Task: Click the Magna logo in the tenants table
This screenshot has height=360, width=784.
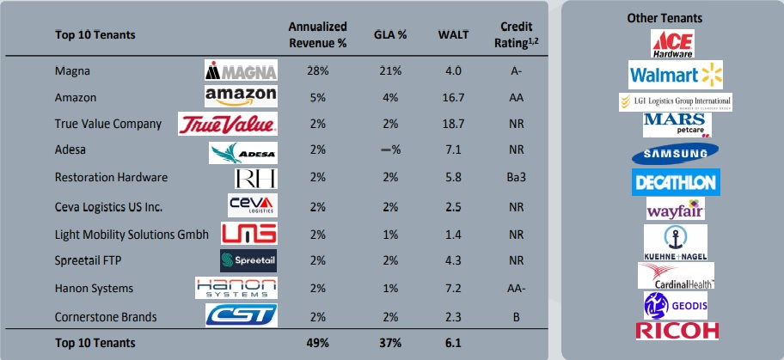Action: coord(241,70)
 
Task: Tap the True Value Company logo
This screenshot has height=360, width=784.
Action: coord(228,124)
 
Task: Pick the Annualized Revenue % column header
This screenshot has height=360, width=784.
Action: coord(317,35)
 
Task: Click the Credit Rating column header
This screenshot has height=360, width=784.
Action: coord(515,35)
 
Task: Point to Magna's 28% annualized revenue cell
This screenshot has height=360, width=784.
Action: coord(317,70)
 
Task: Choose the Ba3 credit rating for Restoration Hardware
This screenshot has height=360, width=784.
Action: coord(515,177)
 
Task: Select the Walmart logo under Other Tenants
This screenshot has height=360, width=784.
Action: coord(676,75)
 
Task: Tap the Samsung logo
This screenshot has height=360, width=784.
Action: coord(676,154)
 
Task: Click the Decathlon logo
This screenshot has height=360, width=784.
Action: coord(676,182)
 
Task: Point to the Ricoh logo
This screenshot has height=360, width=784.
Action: coord(676,330)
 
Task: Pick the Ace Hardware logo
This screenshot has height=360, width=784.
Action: coord(676,43)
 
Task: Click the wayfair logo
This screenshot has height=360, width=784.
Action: coord(676,210)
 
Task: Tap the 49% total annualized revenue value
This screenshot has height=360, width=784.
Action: coord(317,343)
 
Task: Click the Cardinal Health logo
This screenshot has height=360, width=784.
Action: coord(676,275)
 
